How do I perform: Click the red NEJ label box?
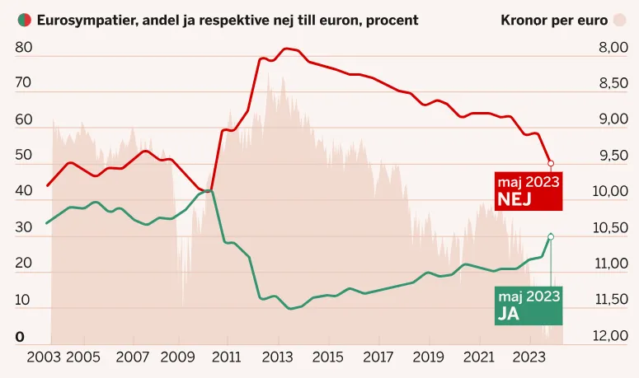[x=528, y=191]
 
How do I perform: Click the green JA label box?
[x=528, y=305]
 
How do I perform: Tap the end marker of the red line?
[x=551, y=163]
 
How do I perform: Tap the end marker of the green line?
[x=551, y=236]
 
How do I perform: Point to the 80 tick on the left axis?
[x=24, y=48]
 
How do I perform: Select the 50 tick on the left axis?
[x=24, y=155]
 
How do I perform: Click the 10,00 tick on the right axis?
[x=610, y=191]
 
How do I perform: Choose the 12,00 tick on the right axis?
[x=610, y=335]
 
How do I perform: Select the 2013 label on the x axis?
[x=278, y=358]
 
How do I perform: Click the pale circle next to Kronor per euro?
[x=619, y=19]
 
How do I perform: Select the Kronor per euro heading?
[x=554, y=19]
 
